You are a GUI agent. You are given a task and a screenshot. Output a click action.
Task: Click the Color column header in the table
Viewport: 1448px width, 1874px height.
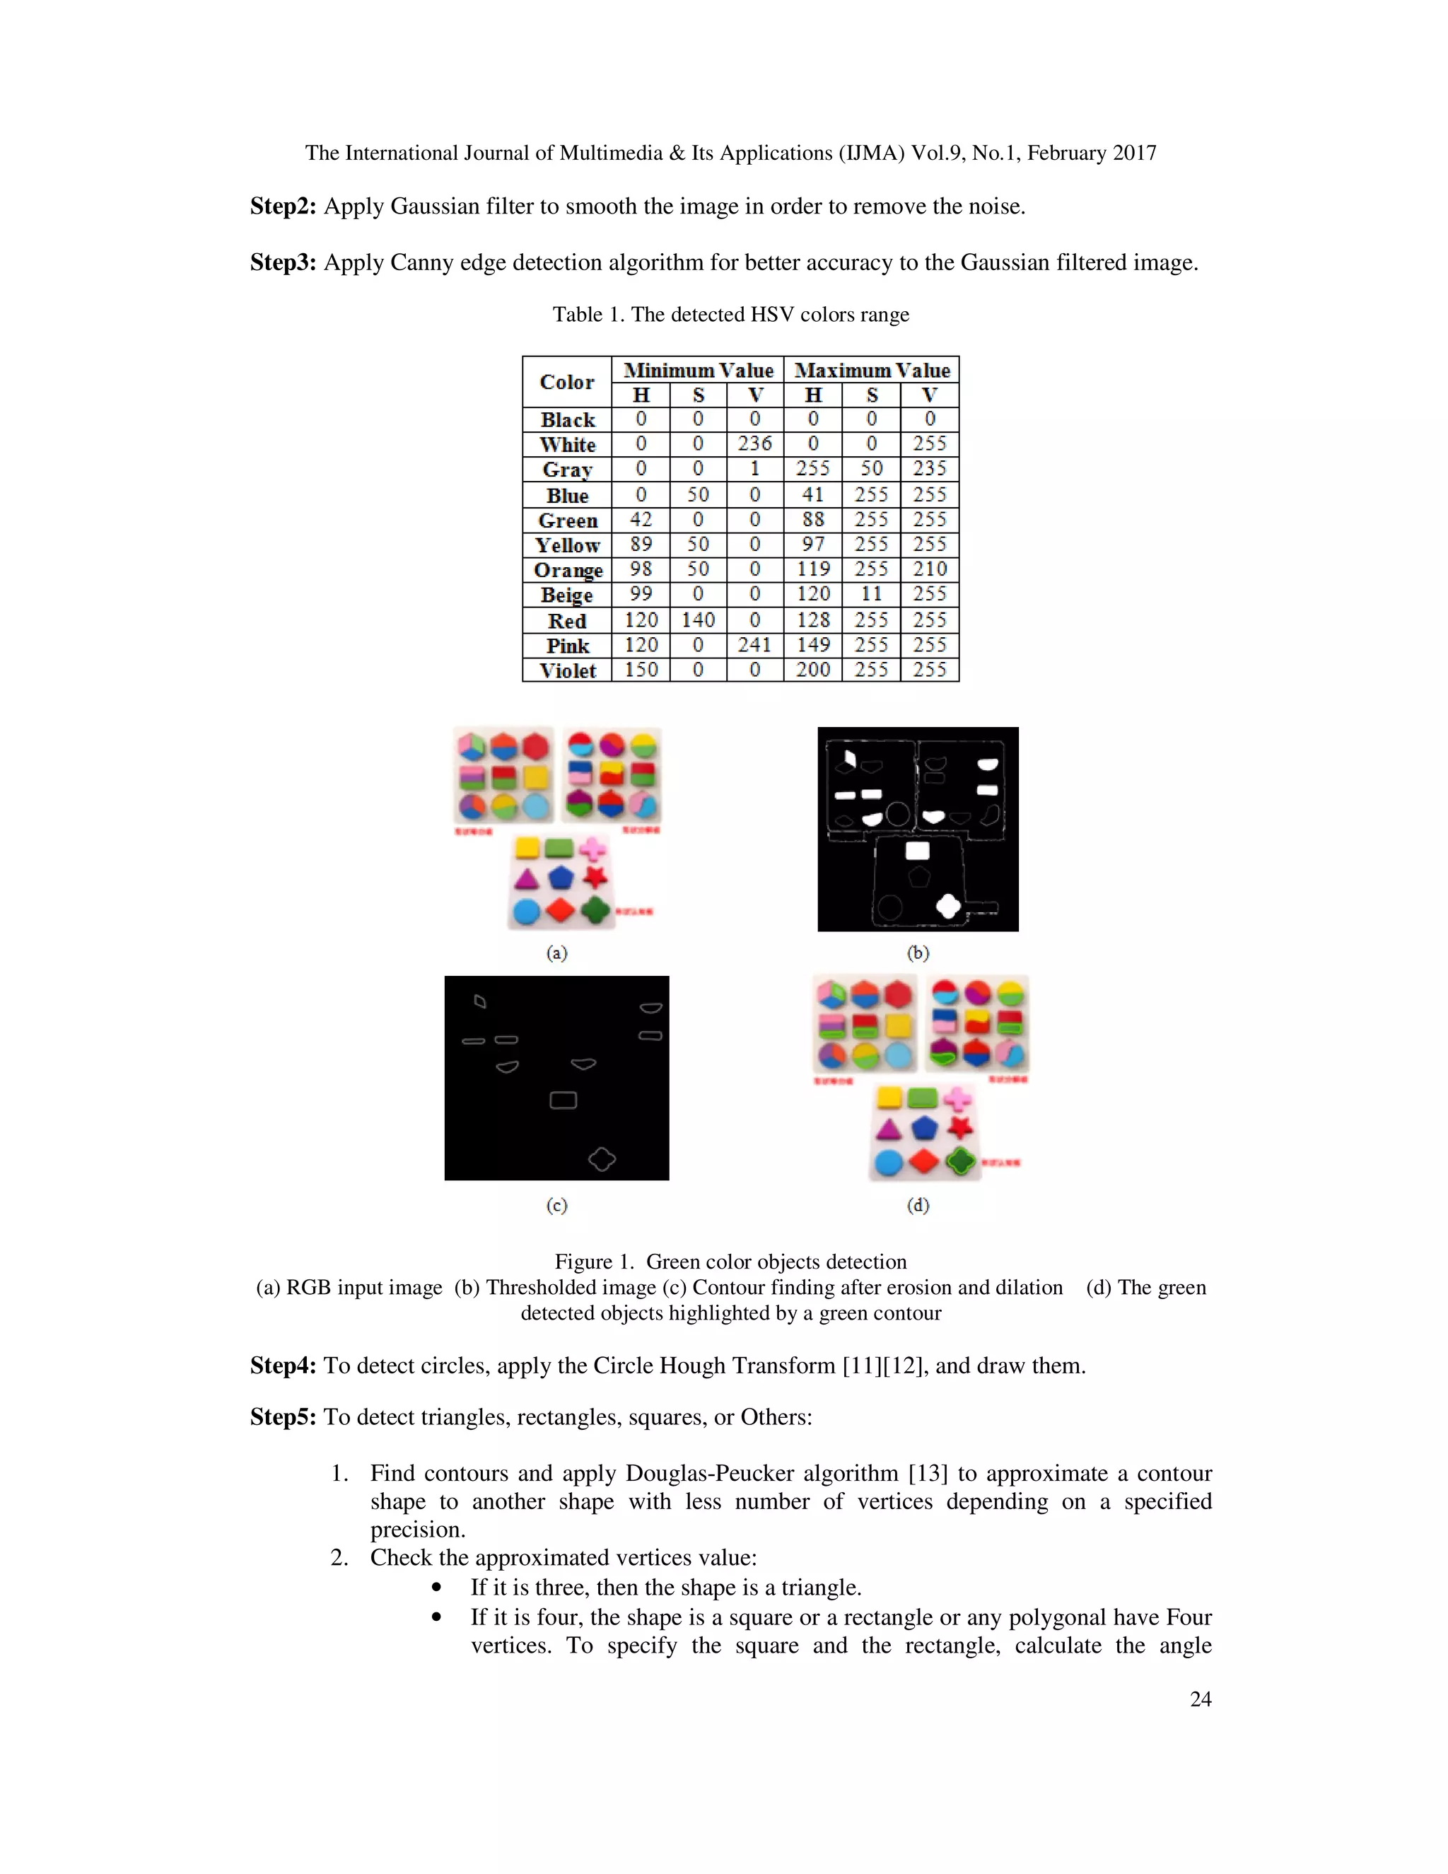coord(566,382)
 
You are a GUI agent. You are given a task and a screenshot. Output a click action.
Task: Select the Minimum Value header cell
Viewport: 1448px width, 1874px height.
coord(697,371)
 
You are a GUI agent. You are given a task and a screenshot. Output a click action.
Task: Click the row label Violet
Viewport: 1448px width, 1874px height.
coord(566,670)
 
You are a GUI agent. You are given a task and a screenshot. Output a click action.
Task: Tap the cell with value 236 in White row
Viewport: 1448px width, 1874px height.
coord(755,443)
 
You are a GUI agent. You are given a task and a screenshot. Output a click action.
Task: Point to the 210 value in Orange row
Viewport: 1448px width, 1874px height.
coord(929,569)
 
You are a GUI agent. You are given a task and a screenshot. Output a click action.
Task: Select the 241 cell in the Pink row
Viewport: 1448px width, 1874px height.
coord(755,644)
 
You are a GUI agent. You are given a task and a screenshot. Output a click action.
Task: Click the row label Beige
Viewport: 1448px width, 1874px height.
coord(566,595)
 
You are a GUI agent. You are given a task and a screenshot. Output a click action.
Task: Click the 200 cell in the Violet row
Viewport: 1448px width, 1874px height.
coord(812,669)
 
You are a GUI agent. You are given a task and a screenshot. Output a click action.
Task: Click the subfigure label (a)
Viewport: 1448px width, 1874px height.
coord(556,953)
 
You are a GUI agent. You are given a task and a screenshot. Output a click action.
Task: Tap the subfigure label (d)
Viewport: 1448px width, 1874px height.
coord(918,1205)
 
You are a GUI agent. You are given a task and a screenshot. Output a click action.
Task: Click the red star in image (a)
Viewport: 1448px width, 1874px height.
coord(595,877)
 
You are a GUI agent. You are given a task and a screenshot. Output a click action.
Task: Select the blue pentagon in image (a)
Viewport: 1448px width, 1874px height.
coord(560,878)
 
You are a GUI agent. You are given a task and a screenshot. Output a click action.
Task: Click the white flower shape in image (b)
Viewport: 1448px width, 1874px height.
coord(948,905)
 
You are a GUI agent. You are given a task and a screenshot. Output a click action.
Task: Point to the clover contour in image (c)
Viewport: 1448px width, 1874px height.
coord(602,1159)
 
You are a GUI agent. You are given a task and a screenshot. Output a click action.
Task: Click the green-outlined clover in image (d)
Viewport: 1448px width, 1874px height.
coord(962,1162)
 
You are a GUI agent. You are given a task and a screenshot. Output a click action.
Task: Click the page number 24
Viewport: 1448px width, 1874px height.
coord(1200,1699)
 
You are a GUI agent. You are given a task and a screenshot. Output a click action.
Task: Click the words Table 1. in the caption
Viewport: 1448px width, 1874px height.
coord(588,315)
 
